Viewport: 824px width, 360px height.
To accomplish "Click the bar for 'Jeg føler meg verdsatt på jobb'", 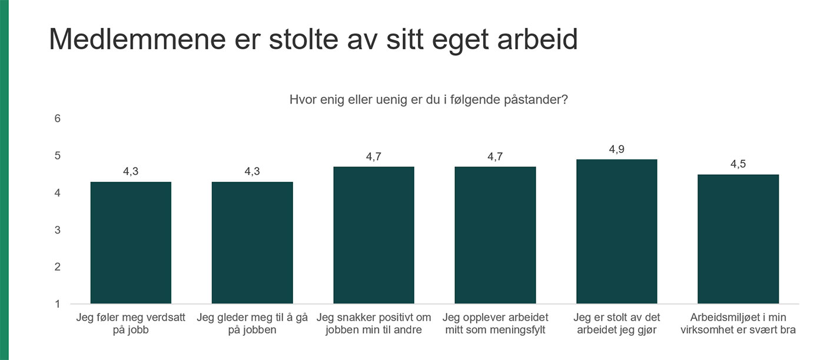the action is [131, 243].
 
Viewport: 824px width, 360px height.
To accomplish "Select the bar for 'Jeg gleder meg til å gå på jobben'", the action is [252, 243].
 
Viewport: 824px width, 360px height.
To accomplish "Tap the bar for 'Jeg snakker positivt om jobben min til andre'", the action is [374, 235].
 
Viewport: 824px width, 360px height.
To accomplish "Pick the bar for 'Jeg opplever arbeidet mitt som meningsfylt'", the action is [495, 235].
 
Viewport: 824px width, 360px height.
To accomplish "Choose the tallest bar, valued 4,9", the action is [617, 232].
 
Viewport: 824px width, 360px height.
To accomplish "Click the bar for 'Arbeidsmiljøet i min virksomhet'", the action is [738, 239].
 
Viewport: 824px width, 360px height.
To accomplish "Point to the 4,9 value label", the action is [617, 149].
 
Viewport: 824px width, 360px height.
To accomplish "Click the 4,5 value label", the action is [738, 164].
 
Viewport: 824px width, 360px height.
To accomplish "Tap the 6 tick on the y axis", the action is [58, 118].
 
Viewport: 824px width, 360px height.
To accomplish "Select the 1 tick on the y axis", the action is [58, 304].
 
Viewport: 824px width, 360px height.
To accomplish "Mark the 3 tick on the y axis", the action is [58, 230].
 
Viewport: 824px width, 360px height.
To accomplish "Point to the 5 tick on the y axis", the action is [58, 155].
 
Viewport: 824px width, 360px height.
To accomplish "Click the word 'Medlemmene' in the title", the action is [137, 39].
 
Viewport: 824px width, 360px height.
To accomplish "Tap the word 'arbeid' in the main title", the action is [537, 39].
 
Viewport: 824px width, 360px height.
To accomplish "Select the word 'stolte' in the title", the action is [304, 39].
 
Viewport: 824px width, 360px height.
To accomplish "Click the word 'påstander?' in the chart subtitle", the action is [536, 99].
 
